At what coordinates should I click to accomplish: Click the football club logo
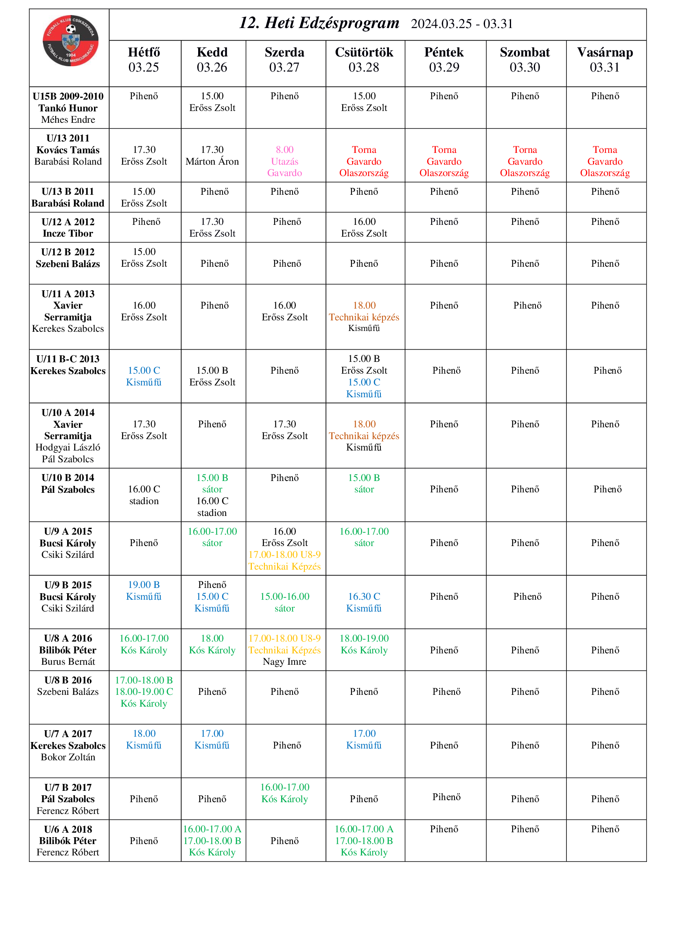pyautogui.click(x=70, y=41)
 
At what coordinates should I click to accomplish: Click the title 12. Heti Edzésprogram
pyautogui.click(x=319, y=23)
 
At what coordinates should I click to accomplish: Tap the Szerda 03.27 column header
pyautogui.click(x=284, y=60)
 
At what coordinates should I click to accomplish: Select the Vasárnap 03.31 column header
pyautogui.click(x=605, y=60)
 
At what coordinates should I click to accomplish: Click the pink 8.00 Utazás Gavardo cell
pyautogui.click(x=284, y=161)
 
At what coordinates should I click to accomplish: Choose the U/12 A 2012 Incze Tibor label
pyautogui.click(x=68, y=227)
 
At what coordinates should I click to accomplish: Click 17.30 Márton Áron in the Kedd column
pyautogui.click(x=212, y=155)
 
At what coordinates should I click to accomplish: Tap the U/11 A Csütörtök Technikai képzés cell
pyautogui.click(x=364, y=316)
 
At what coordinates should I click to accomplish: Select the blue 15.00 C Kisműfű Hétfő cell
pyautogui.click(x=144, y=376)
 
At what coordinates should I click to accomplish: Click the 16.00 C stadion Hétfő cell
pyautogui.click(x=144, y=495)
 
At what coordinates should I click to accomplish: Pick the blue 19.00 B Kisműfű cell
pyautogui.click(x=144, y=591)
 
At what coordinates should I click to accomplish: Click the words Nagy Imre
pyautogui.click(x=284, y=662)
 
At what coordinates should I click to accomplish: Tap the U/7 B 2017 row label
pyautogui.click(x=68, y=799)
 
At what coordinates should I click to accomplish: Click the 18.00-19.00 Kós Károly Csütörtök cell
pyautogui.click(x=364, y=644)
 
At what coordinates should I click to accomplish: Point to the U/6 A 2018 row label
pyautogui.click(x=68, y=841)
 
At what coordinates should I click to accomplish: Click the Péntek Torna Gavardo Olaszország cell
pyautogui.click(x=444, y=161)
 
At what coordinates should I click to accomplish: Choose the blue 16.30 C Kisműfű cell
pyautogui.click(x=364, y=602)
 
